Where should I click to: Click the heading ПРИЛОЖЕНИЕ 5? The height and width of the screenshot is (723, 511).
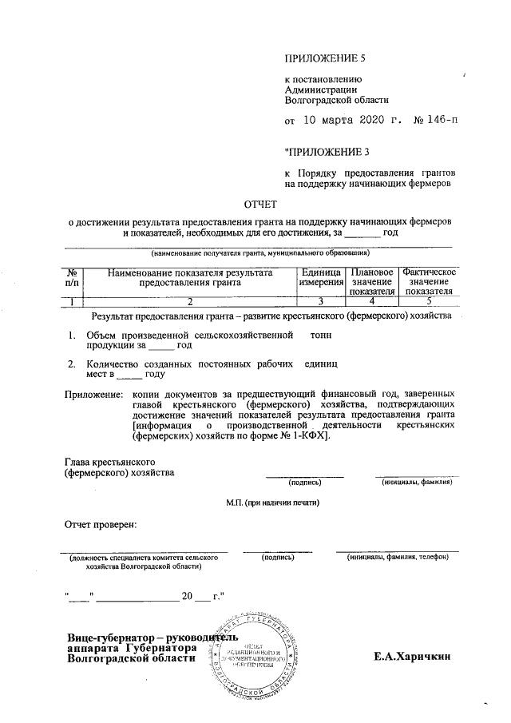click(x=325, y=58)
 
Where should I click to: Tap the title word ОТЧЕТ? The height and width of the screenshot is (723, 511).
click(x=260, y=205)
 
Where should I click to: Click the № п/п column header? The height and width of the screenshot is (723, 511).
click(x=72, y=277)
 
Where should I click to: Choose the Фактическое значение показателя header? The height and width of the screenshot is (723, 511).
click(x=429, y=282)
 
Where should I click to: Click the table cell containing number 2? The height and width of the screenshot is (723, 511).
click(x=189, y=301)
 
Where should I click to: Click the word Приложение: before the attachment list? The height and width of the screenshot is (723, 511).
click(x=93, y=395)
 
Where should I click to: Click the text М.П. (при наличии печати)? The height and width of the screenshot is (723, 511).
click(x=272, y=503)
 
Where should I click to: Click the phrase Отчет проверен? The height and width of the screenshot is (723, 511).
click(x=101, y=525)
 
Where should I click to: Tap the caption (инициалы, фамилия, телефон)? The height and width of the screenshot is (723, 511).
click(x=398, y=557)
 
